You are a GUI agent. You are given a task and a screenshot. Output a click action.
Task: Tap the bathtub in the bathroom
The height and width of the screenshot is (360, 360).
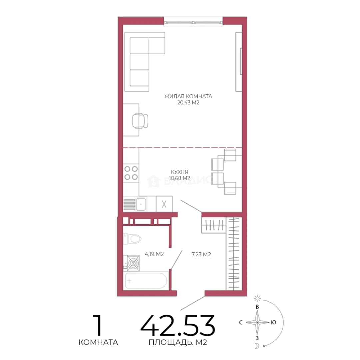click(146, 281)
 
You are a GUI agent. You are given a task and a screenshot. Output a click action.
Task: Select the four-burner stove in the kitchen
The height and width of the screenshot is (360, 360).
click(131, 173)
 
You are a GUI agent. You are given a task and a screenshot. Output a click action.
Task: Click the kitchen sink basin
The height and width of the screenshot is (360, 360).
click(141, 204)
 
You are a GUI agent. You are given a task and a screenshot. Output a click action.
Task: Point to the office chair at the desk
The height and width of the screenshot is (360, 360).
click(140, 121)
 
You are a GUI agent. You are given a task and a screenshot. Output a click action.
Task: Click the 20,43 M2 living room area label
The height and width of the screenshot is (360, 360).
click(188, 103)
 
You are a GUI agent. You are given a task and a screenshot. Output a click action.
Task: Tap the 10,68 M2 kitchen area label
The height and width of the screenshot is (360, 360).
click(180, 178)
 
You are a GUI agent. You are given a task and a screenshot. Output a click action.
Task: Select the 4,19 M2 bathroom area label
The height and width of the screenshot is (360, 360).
click(154, 254)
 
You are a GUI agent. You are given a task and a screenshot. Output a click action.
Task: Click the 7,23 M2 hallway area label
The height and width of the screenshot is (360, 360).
click(201, 254)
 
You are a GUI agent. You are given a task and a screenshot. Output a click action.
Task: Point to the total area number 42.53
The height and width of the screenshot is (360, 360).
click(178, 326)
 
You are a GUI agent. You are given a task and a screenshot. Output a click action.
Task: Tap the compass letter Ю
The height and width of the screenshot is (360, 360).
click(273, 322)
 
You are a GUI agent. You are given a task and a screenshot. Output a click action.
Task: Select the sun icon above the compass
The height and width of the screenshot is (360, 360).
click(257, 298)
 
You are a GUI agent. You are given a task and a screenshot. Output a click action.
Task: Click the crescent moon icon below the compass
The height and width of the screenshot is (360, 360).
click(257, 346)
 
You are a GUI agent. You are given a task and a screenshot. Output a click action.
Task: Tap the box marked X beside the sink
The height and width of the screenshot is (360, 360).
click(164, 204)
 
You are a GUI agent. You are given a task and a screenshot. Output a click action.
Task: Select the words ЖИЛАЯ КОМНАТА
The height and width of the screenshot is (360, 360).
click(188, 96)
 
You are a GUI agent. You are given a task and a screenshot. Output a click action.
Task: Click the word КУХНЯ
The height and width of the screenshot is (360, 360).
click(180, 172)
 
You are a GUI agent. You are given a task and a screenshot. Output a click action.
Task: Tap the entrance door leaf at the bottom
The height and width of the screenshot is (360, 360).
click(193, 303)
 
